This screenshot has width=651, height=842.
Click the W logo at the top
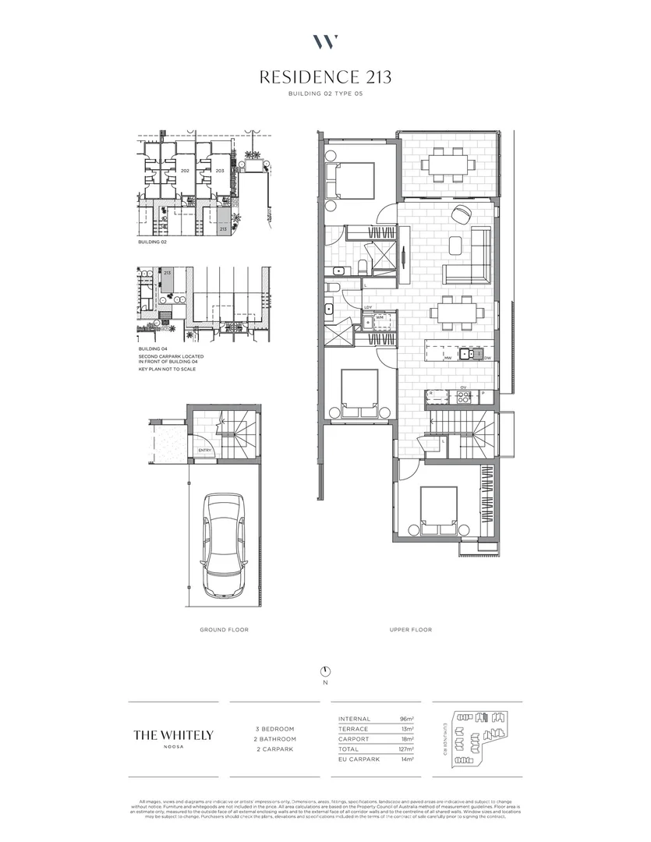(325, 41)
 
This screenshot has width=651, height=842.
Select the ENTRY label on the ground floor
(205, 450)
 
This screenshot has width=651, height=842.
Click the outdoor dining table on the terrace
(448, 164)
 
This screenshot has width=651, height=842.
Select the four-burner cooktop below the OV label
(463, 395)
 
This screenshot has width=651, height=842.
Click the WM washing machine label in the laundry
(378, 317)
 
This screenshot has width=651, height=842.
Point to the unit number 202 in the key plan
(185, 170)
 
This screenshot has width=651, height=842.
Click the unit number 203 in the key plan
(220, 170)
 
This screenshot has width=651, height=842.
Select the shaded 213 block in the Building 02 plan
(223, 223)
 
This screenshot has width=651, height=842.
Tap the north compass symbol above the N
(325, 671)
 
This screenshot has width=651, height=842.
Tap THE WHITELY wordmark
(173, 734)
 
